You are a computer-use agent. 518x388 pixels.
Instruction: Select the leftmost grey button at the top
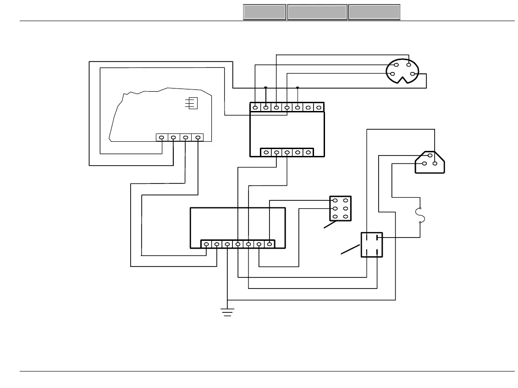265,12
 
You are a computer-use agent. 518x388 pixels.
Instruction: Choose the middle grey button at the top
317,12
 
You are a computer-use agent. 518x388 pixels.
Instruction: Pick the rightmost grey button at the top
374,12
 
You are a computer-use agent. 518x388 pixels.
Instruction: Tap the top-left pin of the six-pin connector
335,200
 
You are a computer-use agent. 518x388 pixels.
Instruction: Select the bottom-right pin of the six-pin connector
346,216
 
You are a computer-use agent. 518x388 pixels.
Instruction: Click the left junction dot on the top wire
266,88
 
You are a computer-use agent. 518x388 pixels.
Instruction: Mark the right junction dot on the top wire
298,88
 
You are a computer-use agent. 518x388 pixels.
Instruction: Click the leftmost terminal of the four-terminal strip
162,137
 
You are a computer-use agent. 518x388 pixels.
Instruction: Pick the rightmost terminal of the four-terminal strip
198,137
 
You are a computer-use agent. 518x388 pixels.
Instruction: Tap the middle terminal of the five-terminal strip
287,152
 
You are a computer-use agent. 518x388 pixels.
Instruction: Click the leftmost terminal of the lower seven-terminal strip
206,244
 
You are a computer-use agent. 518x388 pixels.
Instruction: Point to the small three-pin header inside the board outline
193,103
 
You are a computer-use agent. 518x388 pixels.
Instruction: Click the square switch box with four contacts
371,244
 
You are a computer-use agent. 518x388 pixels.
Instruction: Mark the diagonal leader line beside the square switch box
351,249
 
